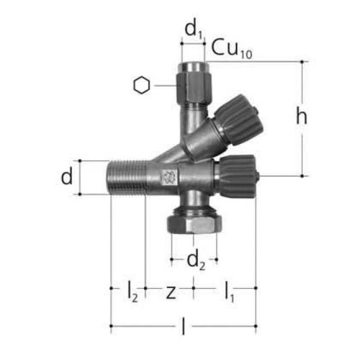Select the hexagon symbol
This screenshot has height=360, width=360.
(x=142, y=85)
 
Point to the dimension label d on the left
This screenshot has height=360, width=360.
(x=67, y=177)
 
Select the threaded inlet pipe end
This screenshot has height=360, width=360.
(x=126, y=177)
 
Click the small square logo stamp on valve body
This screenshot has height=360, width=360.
(x=167, y=178)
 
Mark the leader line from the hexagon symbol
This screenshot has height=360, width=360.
(x=165, y=85)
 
